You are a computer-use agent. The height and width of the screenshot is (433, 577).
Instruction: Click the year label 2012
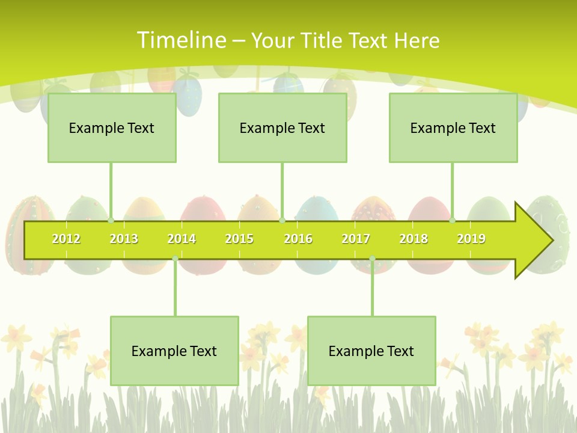tap(66, 239)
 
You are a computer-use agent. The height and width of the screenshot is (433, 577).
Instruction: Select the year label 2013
tap(124, 239)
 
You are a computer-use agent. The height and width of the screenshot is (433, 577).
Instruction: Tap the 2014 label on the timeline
tap(182, 239)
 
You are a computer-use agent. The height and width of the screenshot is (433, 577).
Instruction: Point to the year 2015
tap(239, 239)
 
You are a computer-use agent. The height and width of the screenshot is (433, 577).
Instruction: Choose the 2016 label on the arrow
tap(298, 239)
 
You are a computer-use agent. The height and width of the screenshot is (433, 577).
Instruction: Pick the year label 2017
tap(356, 239)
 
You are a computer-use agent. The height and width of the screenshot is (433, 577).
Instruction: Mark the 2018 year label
tap(414, 239)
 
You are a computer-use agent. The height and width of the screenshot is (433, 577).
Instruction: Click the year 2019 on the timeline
tap(471, 239)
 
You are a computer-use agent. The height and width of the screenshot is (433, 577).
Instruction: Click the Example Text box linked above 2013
tap(112, 127)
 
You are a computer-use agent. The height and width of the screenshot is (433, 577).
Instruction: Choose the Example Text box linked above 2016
tap(282, 127)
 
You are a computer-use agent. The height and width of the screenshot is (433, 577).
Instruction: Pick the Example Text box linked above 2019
tap(453, 127)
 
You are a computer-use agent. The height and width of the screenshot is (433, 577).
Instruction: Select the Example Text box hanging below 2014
tap(174, 351)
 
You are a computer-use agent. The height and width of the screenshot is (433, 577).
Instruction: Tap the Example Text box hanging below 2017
tap(371, 351)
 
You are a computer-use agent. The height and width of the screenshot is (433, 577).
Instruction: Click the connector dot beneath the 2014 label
tap(175, 259)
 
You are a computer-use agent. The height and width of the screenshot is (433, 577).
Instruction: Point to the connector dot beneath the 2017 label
tap(372, 259)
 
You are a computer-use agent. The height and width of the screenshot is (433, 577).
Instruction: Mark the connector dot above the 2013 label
tap(111, 220)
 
